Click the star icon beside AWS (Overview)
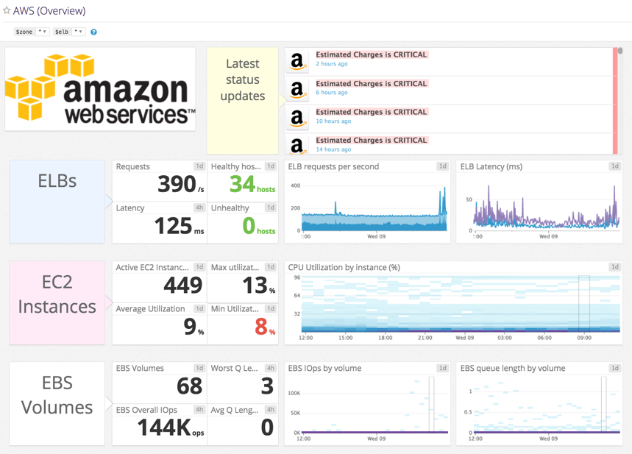coord(7,11)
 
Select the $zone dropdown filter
coord(32,32)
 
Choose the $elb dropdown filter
coord(68,32)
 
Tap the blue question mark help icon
coord(93,32)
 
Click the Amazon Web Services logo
coord(100,89)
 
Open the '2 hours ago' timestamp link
coord(332,64)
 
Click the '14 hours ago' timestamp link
coord(333,149)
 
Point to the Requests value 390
coord(177,184)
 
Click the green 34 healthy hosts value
coord(242,184)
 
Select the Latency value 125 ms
coord(173,225)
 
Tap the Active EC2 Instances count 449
coord(182,285)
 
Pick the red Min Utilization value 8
coord(260,326)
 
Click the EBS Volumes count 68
coord(190,385)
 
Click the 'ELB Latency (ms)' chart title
coord(491,167)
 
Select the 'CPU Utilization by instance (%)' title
coord(344,268)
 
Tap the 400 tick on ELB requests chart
coord(295,185)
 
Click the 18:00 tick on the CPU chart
coord(385,338)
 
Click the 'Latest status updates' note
coord(243,80)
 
